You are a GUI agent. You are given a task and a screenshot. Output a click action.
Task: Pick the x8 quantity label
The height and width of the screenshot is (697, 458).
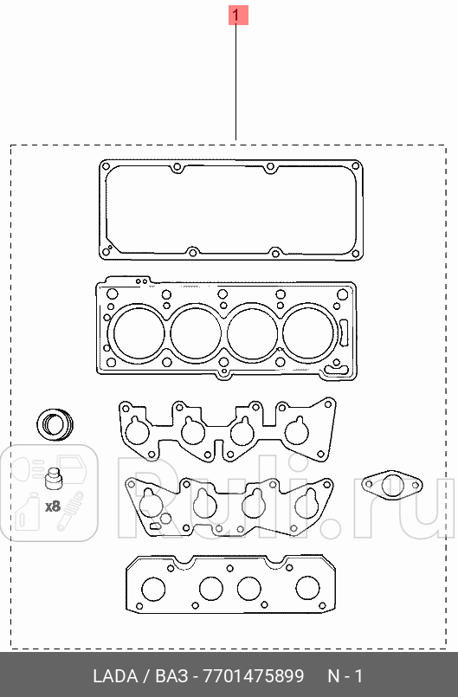click(x=53, y=505)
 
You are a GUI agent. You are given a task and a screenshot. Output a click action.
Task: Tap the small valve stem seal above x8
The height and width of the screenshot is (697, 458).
click(x=54, y=479)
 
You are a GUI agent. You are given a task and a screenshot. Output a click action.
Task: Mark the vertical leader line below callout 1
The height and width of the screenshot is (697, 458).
click(x=236, y=82)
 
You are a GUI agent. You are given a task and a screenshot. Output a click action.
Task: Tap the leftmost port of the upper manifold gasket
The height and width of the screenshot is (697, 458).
click(x=135, y=429)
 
